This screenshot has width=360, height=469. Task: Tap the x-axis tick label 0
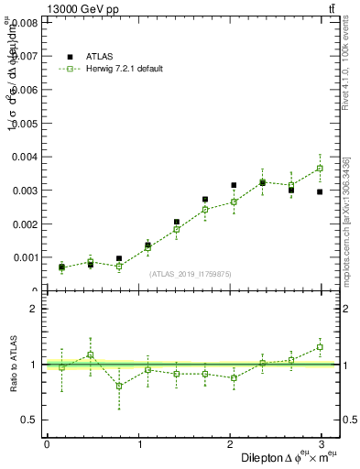(x=47, y=443)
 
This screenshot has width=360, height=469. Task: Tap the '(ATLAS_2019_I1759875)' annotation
(x=191, y=273)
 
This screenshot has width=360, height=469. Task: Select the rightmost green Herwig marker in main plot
(x=320, y=169)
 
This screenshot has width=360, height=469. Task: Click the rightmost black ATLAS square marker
(x=320, y=191)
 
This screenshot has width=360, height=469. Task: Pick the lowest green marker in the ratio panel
(x=119, y=386)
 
